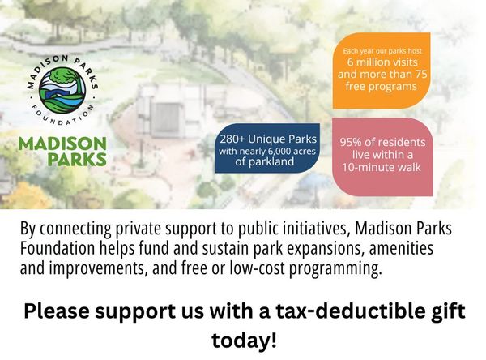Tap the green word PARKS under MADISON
pyautogui.click(x=76, y=159)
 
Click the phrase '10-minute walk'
pyautogui.click(x=382, y=168)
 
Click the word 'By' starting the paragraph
pyautogui.click(x=28, y=229)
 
